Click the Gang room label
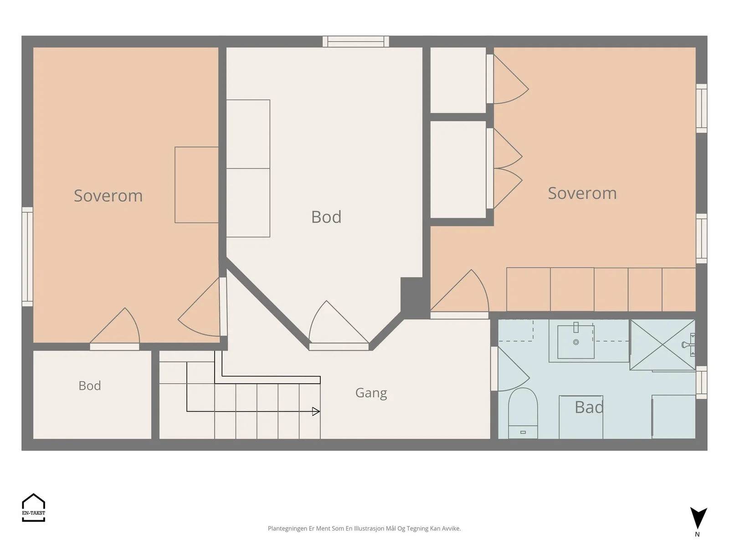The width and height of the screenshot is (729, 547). [371, 393]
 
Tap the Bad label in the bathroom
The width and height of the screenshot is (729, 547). [589, 407]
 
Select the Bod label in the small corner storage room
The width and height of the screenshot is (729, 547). [90, 386]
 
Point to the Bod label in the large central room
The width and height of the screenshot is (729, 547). [326, 217]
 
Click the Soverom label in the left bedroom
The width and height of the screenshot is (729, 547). [108, 195]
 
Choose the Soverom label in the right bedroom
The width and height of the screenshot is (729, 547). [582, 193]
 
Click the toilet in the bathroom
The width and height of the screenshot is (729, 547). [523, 413]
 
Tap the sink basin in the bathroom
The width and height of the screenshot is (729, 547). [575, 341]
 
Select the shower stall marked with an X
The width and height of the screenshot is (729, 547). [662, 345]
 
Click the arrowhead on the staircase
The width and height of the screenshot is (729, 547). [316, 412]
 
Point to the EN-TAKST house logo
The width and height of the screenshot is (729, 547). [34, 507]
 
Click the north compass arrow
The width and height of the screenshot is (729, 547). [698, 518]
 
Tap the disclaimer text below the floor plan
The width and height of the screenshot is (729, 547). [364, 528]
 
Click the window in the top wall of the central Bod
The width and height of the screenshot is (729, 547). [356, 41]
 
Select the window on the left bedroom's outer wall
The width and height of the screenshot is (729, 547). [27, 256]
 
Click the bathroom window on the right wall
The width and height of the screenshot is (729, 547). [701, 382]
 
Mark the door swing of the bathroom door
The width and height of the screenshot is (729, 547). [513, 369]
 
